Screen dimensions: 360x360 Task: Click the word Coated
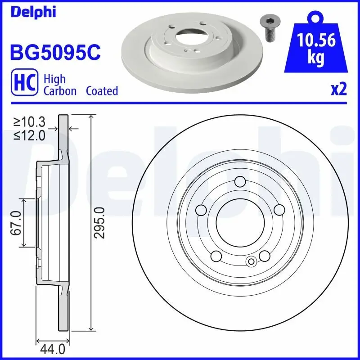point(102,91)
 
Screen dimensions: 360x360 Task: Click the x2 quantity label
point(339,90)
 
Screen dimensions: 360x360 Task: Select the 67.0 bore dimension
point(17,222)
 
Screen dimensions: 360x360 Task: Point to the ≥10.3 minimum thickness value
point(30,122)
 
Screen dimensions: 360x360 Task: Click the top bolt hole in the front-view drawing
point(240,181)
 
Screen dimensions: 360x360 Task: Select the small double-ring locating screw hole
point(252,261)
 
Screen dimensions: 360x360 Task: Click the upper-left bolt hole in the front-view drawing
point(201,210)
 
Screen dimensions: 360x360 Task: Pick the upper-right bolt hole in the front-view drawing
point(279,210)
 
